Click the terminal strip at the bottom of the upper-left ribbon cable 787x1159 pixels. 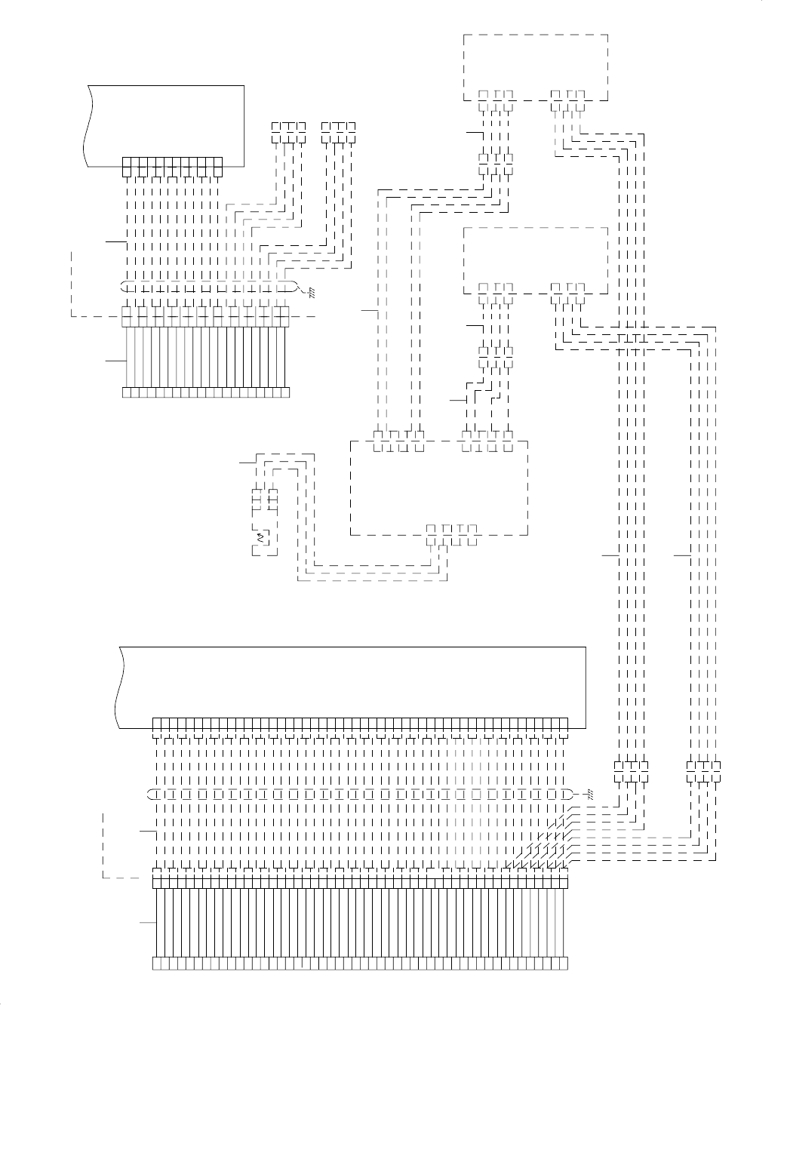click(x=205, y=392)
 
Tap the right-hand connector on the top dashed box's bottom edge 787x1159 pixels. click(x=568, y=95)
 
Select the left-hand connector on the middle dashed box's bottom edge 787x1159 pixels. click(x=496, y=287)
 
